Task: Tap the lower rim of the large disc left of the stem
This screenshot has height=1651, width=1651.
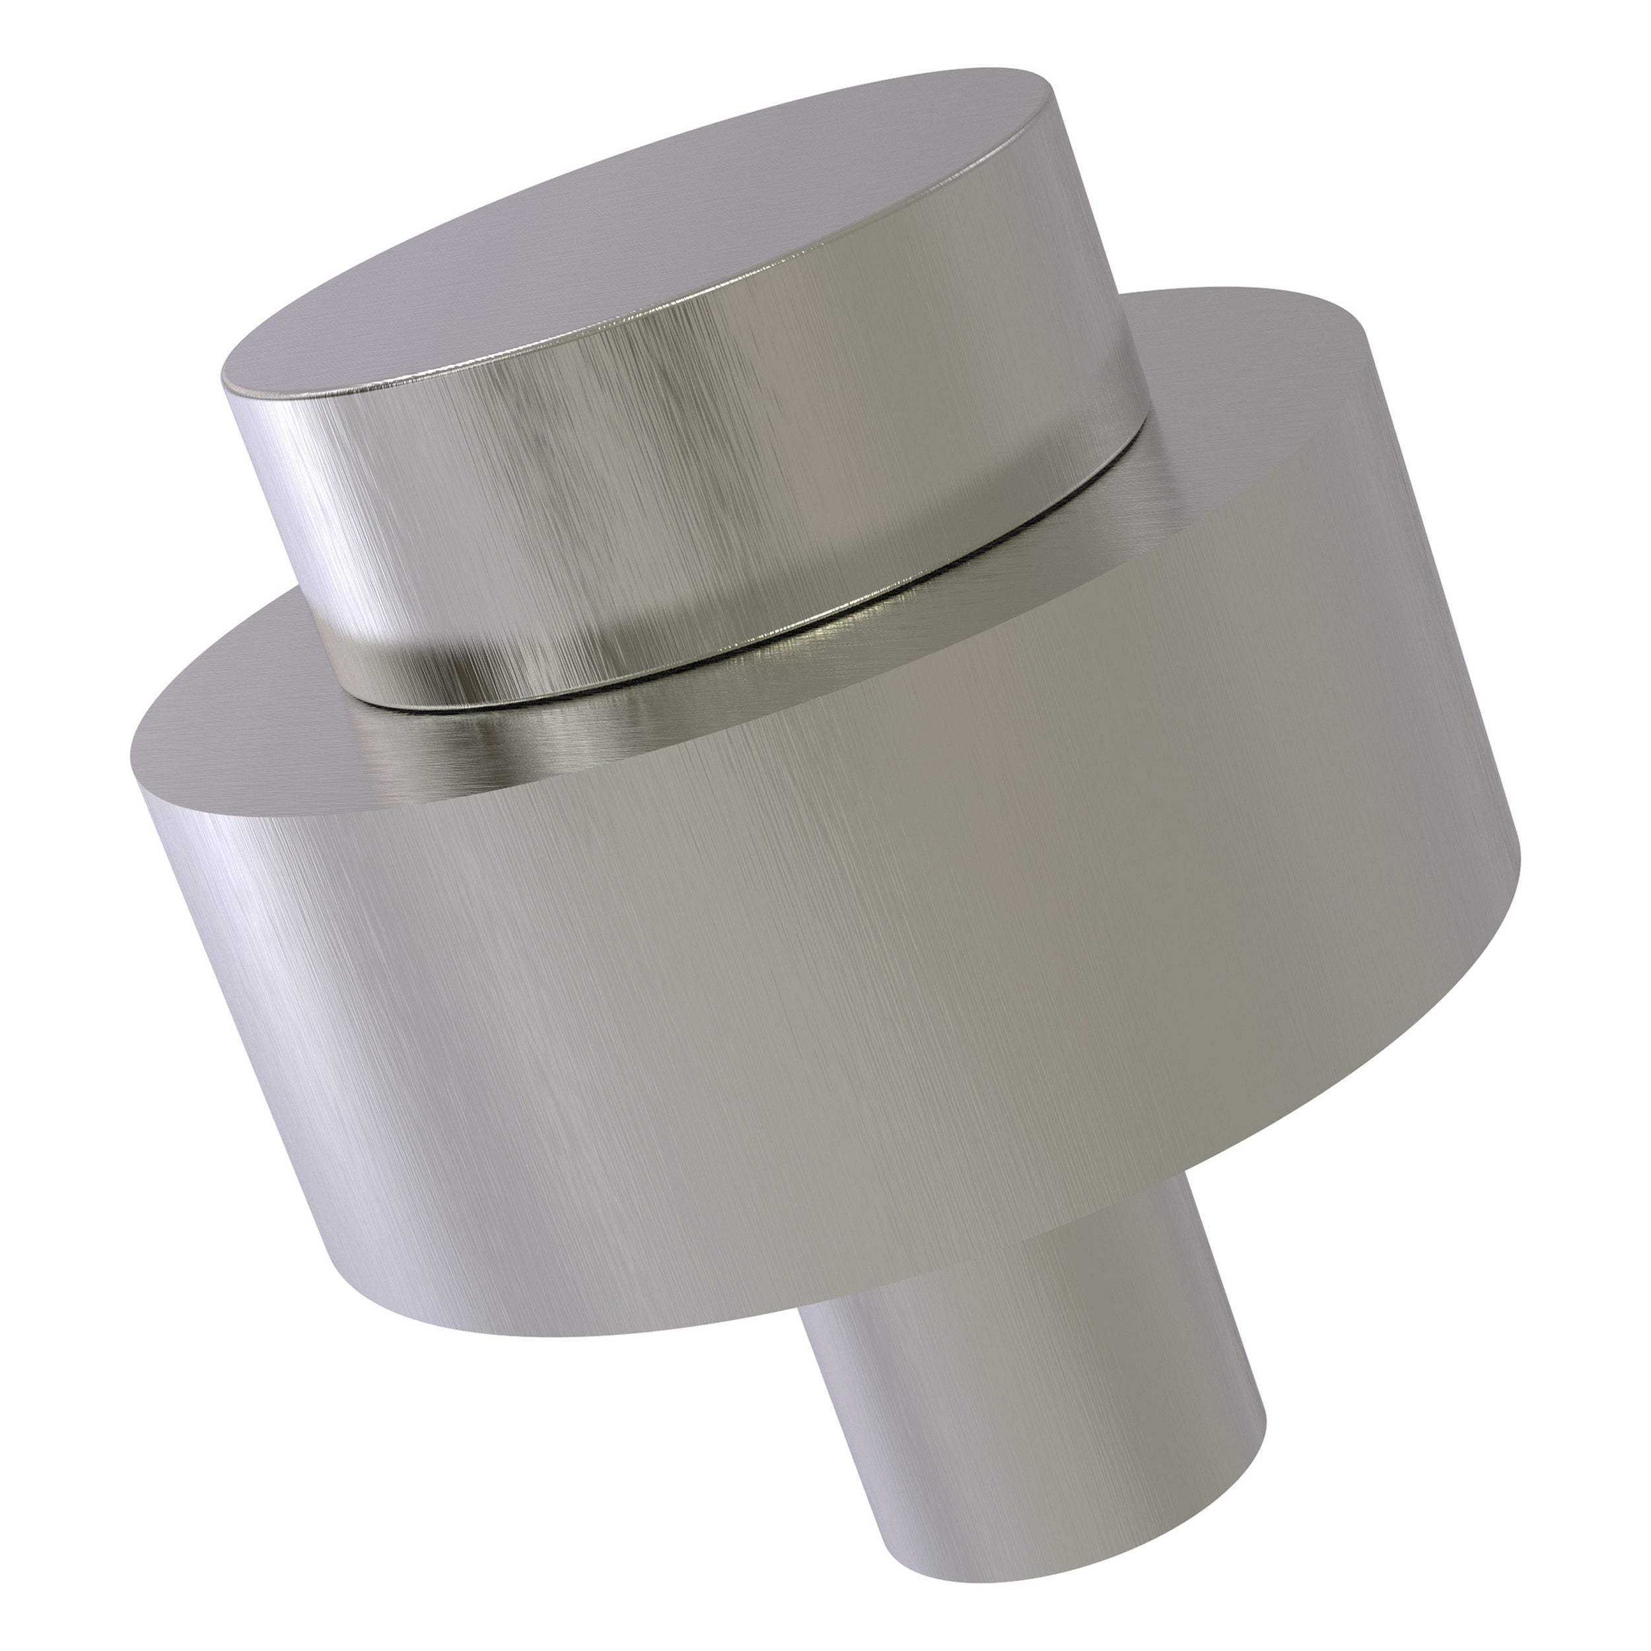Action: [598, 1333]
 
